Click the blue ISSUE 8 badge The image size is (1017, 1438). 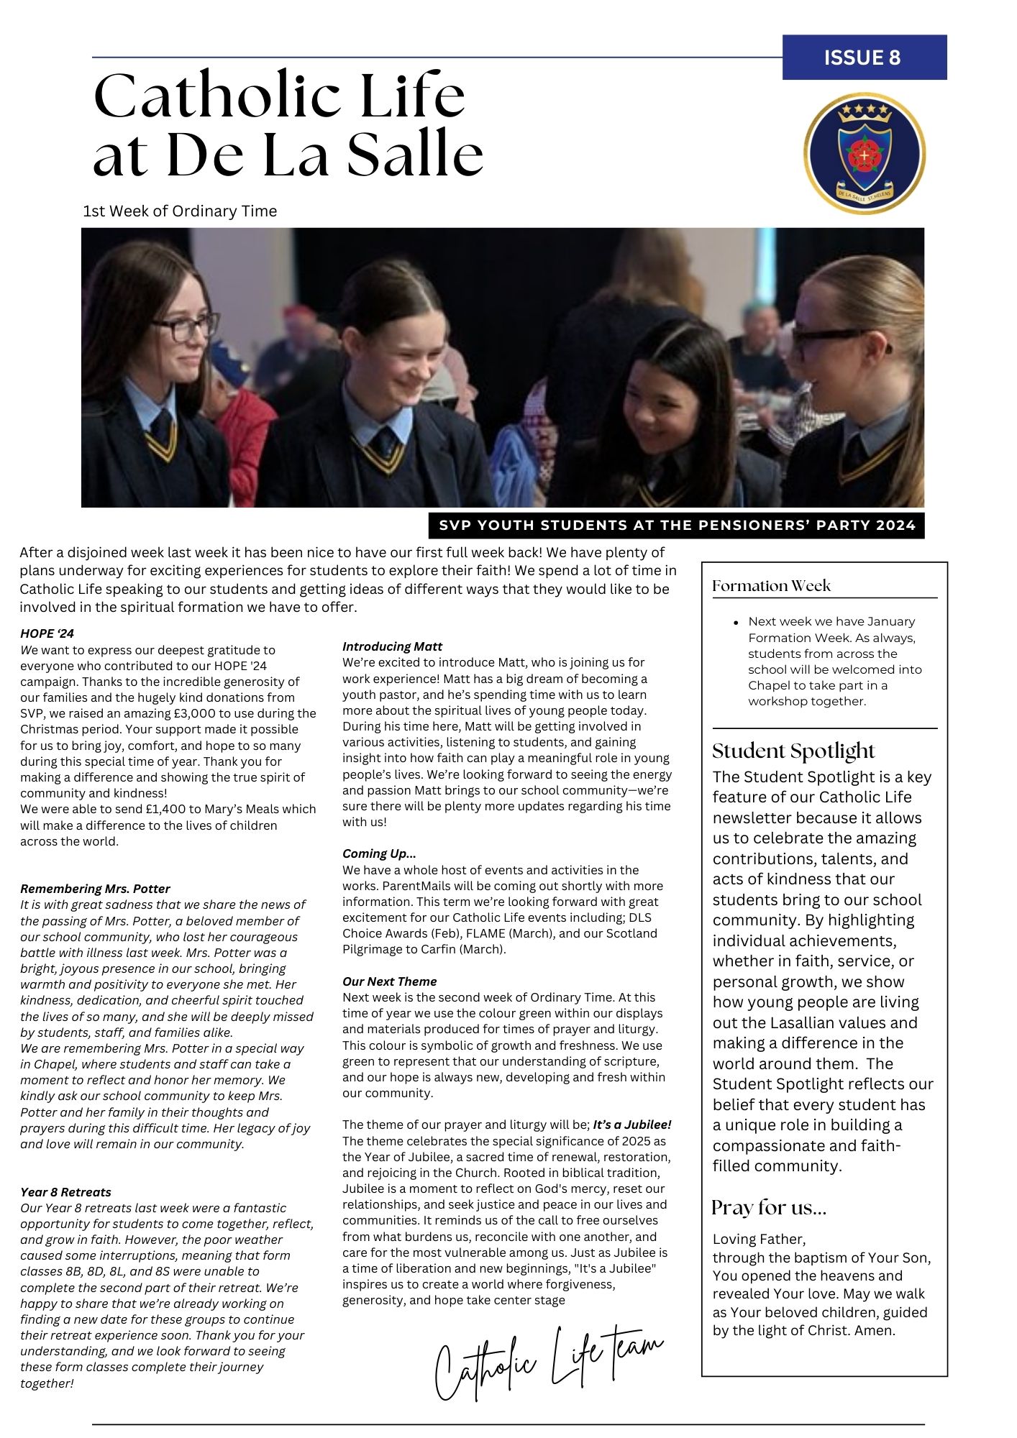tap(864, 58)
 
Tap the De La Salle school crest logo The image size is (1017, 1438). tap(864, 153)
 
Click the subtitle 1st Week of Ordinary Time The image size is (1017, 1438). tap(180, 211)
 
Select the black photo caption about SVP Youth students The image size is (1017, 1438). tap(676, 525)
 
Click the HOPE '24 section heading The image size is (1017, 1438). tap(47, 633)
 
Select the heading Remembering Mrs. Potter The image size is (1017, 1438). tap(95, 889)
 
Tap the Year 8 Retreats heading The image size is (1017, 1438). tap(65, 1192)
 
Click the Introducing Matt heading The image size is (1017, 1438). tap(392, 646)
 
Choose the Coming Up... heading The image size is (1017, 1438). tap(379, 853)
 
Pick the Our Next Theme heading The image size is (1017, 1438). tap(389, 981)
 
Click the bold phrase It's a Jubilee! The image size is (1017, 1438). tap(631, 1125)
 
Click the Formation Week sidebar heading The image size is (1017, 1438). tap(771, 586)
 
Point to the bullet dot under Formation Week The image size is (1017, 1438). tap(736, 623)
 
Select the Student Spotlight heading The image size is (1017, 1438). tap(793, 751)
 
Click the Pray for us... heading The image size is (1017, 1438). tap(769, 1208)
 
